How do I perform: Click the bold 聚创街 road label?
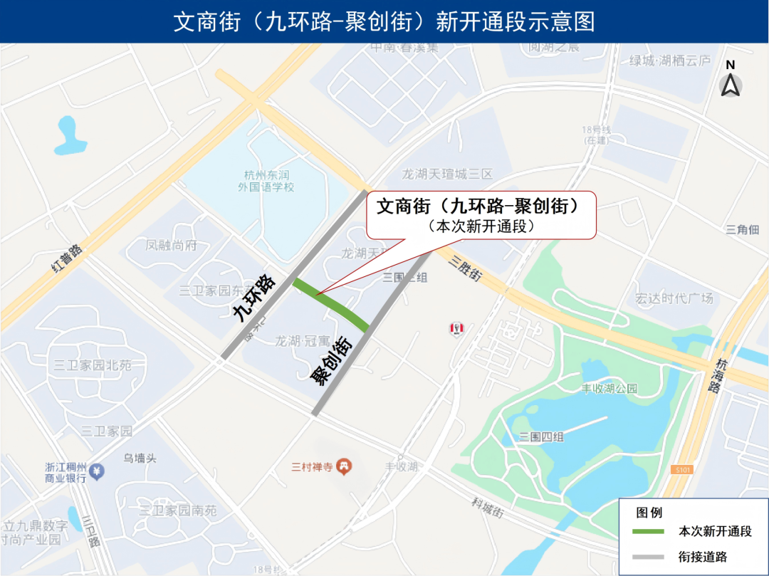tap(331, 361)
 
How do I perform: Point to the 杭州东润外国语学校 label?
tap(266, 181)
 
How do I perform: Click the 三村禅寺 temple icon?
tap(344, 466)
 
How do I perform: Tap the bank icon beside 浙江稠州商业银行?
tap(96, 471)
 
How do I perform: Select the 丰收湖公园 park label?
tap(610, 389)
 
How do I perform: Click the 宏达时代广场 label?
tap(674, 298)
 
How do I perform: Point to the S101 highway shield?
tap(681, 470)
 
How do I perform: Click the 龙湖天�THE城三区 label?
tap(447, 174)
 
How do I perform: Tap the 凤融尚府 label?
tap(171, 245)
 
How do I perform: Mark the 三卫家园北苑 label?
tap(93, 365)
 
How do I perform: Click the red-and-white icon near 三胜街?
tap(456, 328)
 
